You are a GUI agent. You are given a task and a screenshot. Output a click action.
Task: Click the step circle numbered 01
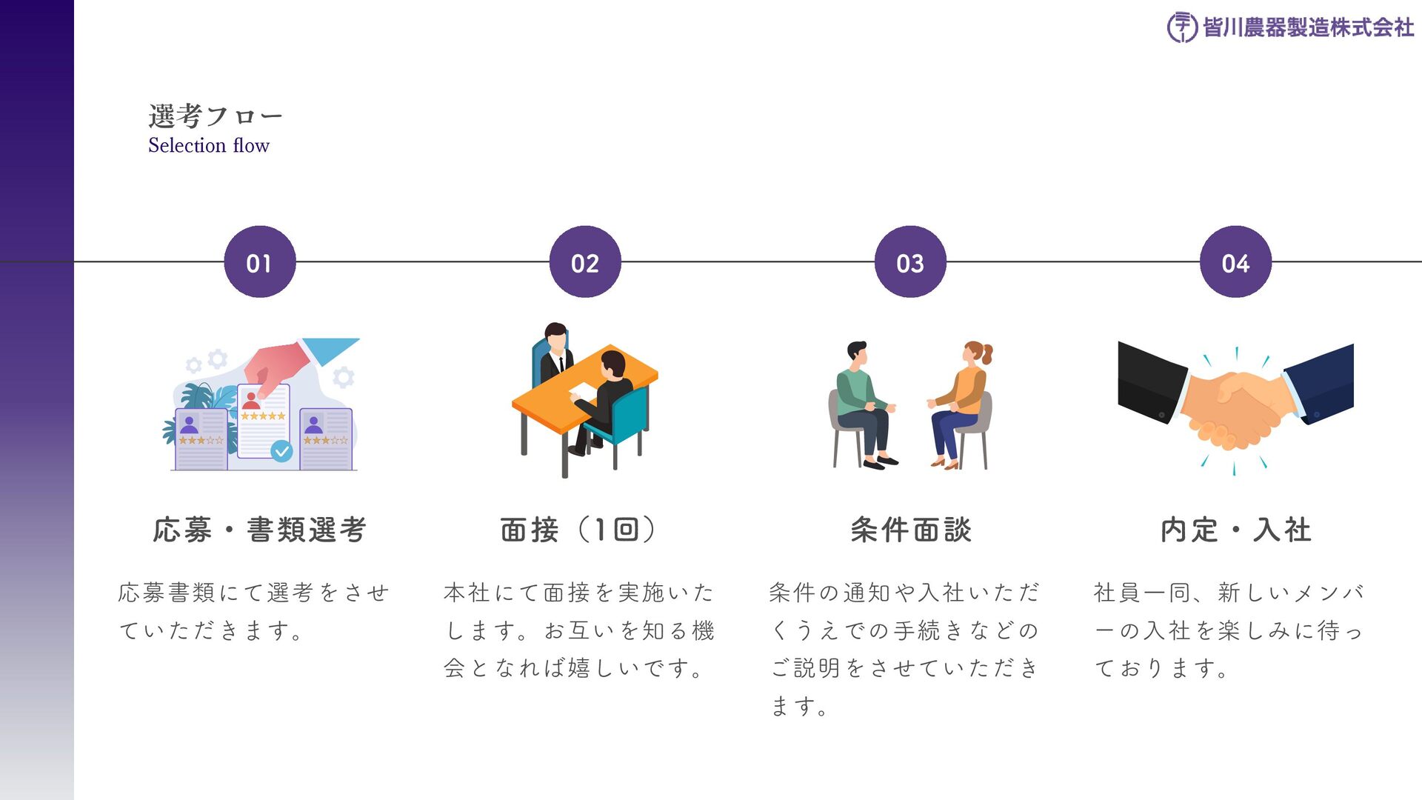[260, 262]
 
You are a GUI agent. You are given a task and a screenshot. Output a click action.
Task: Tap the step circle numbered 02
[585, 262]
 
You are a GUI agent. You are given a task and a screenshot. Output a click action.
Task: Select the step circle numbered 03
[910, 262]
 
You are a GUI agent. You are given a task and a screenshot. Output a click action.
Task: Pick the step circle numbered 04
[1235, 262]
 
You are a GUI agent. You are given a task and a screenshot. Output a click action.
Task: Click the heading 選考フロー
[215, 116]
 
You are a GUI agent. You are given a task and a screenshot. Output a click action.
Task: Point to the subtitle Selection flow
[209, 145]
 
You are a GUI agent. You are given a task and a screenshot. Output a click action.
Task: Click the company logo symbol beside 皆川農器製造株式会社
[1181, 27]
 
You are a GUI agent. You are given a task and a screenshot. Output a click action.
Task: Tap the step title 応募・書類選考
[260, 530]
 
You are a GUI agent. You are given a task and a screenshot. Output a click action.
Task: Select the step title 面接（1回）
[578, 530]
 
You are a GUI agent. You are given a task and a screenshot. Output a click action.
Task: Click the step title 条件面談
[911, 530]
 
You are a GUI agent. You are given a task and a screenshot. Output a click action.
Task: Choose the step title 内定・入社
[1235, 530]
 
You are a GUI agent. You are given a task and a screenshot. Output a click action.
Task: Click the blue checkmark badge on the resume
[281, 450]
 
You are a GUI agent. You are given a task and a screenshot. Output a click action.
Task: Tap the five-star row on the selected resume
[263, 416]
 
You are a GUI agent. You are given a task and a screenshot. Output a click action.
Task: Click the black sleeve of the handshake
[1152, 381]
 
